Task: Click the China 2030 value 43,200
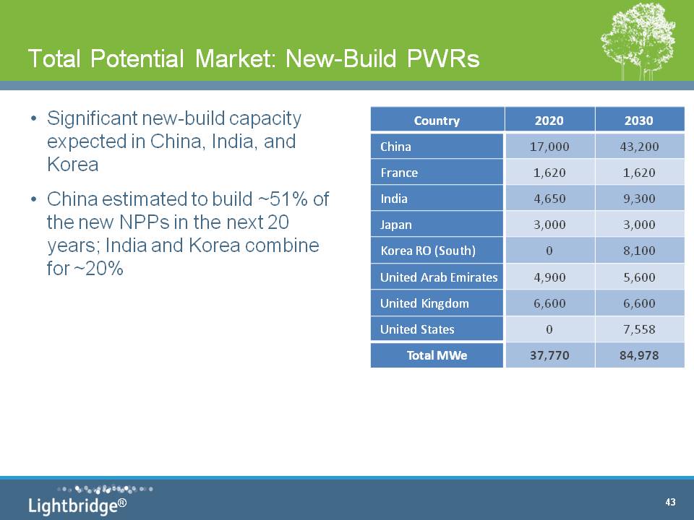coord(639,147)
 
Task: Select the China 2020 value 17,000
coord(549,147)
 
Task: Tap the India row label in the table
coord(394,199)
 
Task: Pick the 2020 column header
coord(549,121)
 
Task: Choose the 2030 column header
coord(638,121)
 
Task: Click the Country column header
coord(437,121)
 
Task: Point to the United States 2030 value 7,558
coord(639,329)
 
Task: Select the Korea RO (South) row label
coord(428,251)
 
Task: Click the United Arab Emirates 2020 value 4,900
coord(549,277)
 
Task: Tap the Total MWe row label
coord(437,355)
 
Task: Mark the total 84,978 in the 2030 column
coord(639,355)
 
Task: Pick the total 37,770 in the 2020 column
coord(549,355)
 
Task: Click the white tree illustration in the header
coord(638,42)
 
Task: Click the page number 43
coord(670,502)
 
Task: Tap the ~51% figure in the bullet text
coord(283,199)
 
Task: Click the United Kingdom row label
coord(424,303)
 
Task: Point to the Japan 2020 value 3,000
coord(549,225)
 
